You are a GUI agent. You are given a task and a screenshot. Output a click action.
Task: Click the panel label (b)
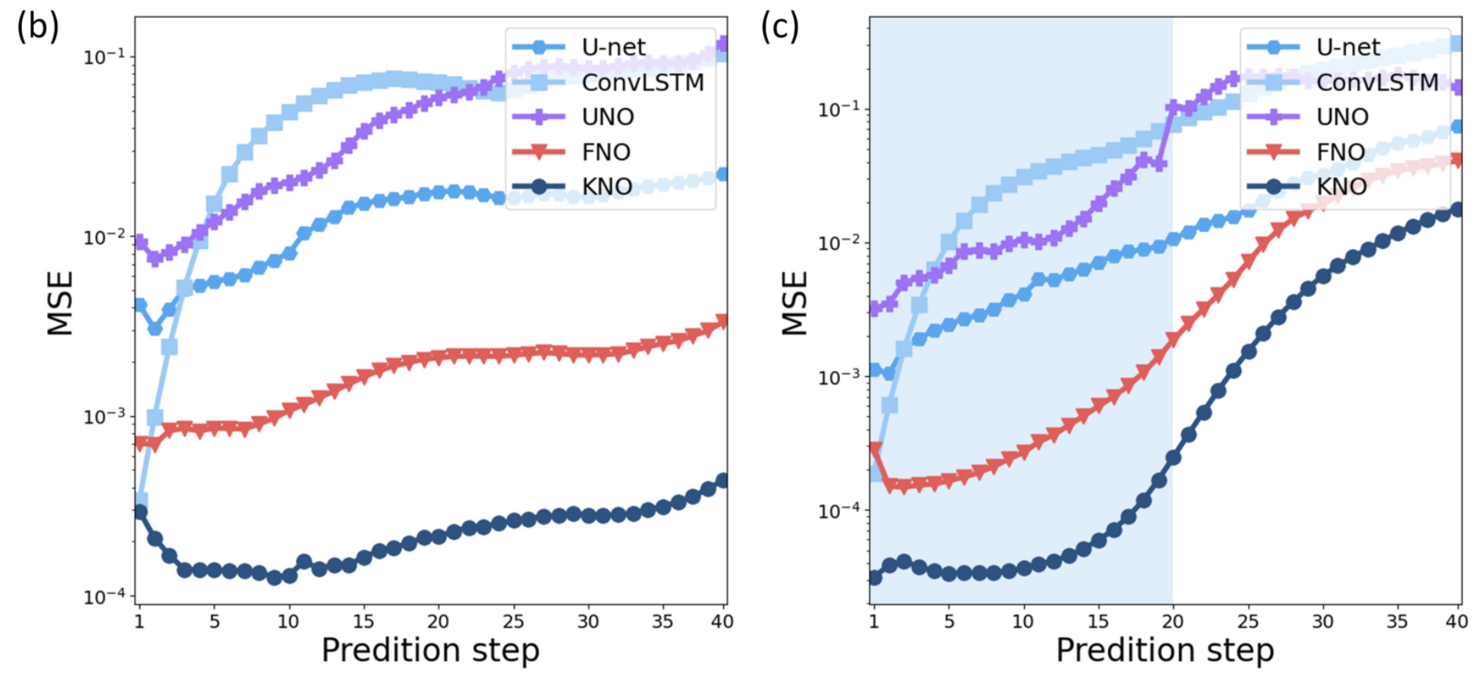click(37, 27)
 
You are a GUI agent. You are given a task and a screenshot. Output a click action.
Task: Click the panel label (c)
click(780, 27)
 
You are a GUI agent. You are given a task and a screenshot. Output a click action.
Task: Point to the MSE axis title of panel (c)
click(795, 303)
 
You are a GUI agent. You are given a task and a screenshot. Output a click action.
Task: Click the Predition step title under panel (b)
click(430, 651)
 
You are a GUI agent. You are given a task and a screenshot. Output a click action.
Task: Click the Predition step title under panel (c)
click(1164, 651)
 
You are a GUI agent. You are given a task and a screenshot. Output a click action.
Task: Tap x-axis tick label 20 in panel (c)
click(1172, 622)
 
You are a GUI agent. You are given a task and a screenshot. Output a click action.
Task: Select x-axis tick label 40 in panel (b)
click(722, 622)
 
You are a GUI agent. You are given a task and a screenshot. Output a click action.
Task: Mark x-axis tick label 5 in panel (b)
click(214, 622)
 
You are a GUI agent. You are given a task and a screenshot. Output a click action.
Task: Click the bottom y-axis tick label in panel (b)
click(104, 597)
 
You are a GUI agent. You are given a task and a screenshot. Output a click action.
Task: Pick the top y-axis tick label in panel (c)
click(839, 109)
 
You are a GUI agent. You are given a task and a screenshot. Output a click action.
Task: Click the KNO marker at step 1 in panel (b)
click(140, 512)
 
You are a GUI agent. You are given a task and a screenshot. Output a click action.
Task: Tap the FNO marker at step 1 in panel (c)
click(875, 449)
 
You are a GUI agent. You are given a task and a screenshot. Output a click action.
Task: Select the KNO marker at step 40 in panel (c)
click(1457, 209)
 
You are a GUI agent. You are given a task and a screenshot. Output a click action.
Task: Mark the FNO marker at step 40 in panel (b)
click(722, 322)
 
